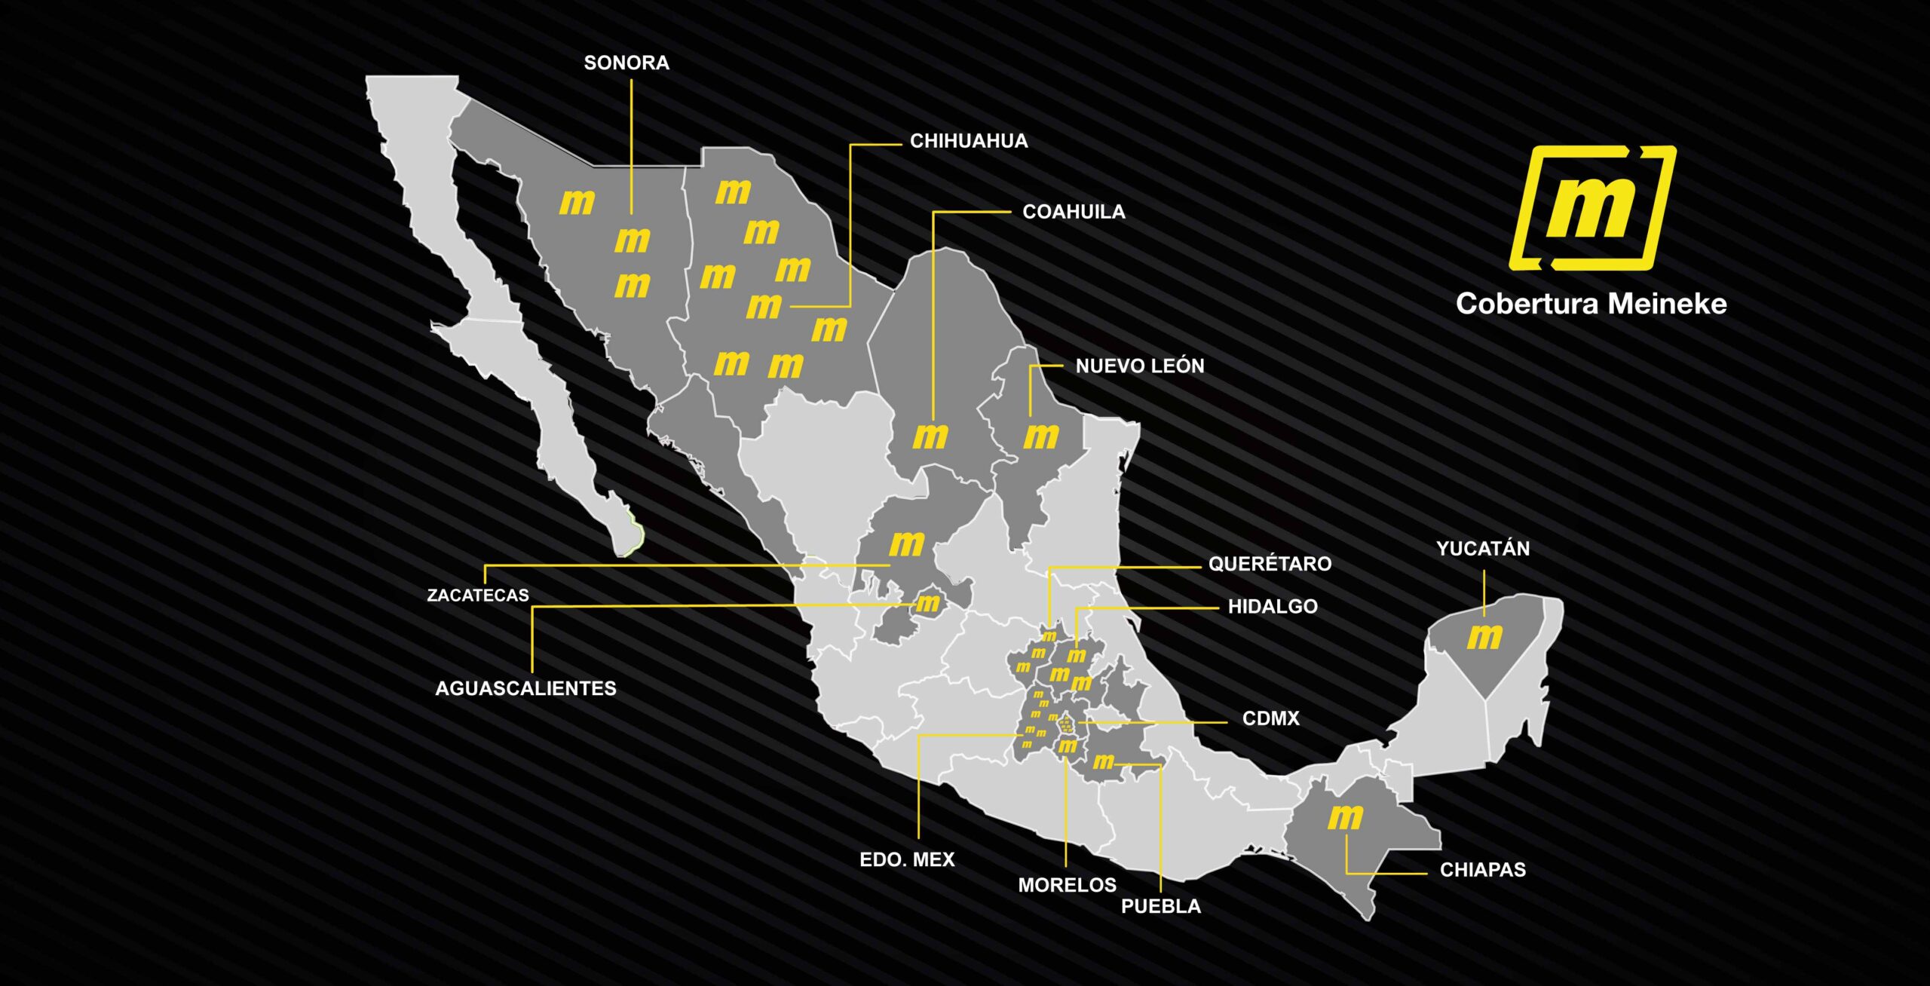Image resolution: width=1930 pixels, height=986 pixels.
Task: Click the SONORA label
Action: point(626,63)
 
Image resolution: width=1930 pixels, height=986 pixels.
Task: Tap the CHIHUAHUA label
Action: point(969,141)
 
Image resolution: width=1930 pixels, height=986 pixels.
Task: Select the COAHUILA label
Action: point(1074,212)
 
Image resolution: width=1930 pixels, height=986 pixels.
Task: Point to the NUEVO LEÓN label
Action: point(1140,366)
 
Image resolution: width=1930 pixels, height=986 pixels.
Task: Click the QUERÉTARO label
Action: point(1270,564)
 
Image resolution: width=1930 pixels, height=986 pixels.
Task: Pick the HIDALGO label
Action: point(1273,607)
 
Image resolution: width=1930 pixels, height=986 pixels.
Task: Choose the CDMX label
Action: point(1270,718)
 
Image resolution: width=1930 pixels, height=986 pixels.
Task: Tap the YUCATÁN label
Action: point(1483,549)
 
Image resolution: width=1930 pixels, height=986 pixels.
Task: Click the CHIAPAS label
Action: point(1482,870)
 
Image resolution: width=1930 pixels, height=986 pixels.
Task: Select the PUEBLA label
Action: point(1161,906)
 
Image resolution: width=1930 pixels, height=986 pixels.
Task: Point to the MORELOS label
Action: point(1067,885)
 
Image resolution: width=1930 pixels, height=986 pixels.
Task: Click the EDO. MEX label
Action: point(907,859)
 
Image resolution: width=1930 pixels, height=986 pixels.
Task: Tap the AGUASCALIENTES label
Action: point(525,688)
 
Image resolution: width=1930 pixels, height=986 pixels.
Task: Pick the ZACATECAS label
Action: point(478,596)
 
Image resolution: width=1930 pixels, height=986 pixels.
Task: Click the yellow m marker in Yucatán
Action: point(1484,637)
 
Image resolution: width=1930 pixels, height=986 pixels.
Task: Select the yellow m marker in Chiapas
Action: point(1345,816)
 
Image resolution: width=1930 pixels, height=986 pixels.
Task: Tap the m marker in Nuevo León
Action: point(1041,436)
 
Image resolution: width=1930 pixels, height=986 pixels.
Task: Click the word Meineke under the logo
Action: point(1667,304)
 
